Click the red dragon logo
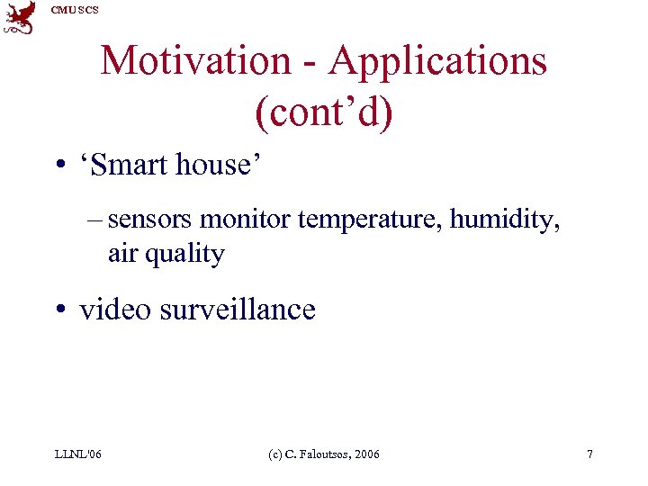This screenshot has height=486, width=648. (x=20, y=17)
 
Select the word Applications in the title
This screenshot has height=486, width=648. (x=437, y=61)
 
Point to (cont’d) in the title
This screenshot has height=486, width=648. (x=324, y=113)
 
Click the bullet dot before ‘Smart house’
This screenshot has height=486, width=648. (x=59, y=167)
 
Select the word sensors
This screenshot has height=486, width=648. (x=150, y=220)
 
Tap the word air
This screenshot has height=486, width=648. (x=122, y=254)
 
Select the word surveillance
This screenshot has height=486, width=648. (x=238, y=310)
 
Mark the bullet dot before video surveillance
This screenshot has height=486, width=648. (x=59, y=311)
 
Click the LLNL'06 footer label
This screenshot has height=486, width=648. (x=78, y=454)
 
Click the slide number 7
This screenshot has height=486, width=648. (x=589, y=454)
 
